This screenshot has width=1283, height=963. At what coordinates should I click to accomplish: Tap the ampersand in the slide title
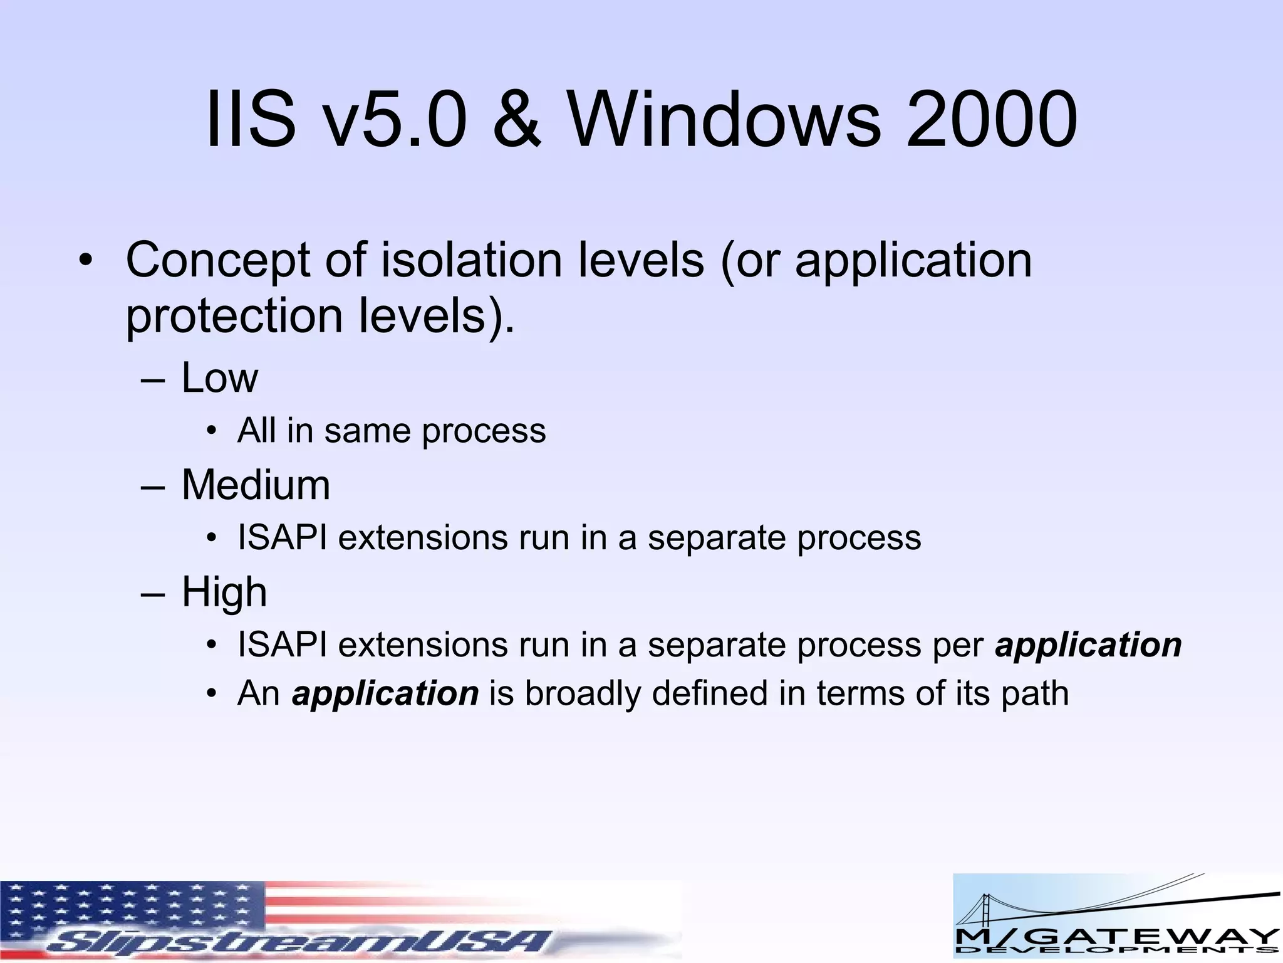tap(516, 119)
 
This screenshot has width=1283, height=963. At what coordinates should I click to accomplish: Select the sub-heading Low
tap(219, 378)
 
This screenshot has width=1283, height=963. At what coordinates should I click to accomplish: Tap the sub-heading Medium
tap(256, 485)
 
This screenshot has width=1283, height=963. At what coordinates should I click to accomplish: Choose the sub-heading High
tap(224, 592)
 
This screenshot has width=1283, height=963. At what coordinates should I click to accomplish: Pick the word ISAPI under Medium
tap(282, 538)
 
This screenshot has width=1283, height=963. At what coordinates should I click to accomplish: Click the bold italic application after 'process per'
tap(1088, 645)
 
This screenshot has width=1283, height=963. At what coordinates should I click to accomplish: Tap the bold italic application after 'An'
tap(385, 694)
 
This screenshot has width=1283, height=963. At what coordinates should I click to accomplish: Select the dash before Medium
tap(153, 487)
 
